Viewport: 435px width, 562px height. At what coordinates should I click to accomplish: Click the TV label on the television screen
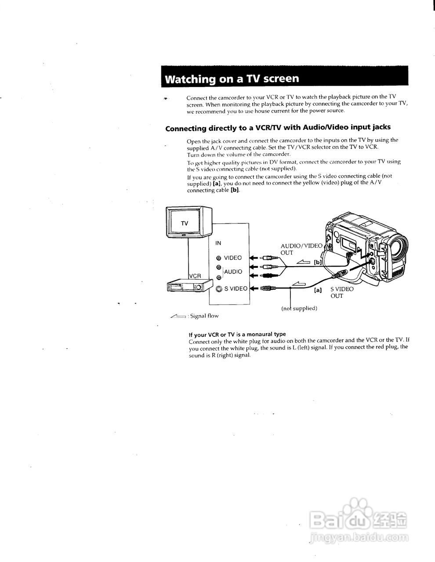pyautogui.click(x=185, y=223)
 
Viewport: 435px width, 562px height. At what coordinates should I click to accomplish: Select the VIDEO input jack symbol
pyautogui.click(x=218, y=258)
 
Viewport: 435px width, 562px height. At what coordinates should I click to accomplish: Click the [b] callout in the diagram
pyautogui.click(x=317, y=263)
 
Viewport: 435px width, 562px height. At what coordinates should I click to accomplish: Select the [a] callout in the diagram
pyautogui.click(x=318, y=290)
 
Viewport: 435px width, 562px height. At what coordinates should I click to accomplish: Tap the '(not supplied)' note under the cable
pyautogui.click(x=299, y=308)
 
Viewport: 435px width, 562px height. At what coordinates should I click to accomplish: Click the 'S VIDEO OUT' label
pyautogui.click(x=341, y=292)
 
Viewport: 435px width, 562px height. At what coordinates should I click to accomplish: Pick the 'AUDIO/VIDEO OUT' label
pyautogui.click(x=301, y=249)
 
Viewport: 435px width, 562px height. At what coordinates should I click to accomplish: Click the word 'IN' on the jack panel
pyautogui.click(x=218, y=243)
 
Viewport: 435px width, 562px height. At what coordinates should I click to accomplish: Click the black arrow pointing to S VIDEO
pyautogui.click(x=253, y=288)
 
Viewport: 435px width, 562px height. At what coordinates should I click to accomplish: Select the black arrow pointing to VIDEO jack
pyautogui.click(x=253, y=258)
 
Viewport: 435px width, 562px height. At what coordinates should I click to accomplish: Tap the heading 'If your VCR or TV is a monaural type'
pyautogui.click(x=237, y=334)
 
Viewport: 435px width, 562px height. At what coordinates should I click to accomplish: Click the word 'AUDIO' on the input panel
pyautogui.click(x=233, y=272)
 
